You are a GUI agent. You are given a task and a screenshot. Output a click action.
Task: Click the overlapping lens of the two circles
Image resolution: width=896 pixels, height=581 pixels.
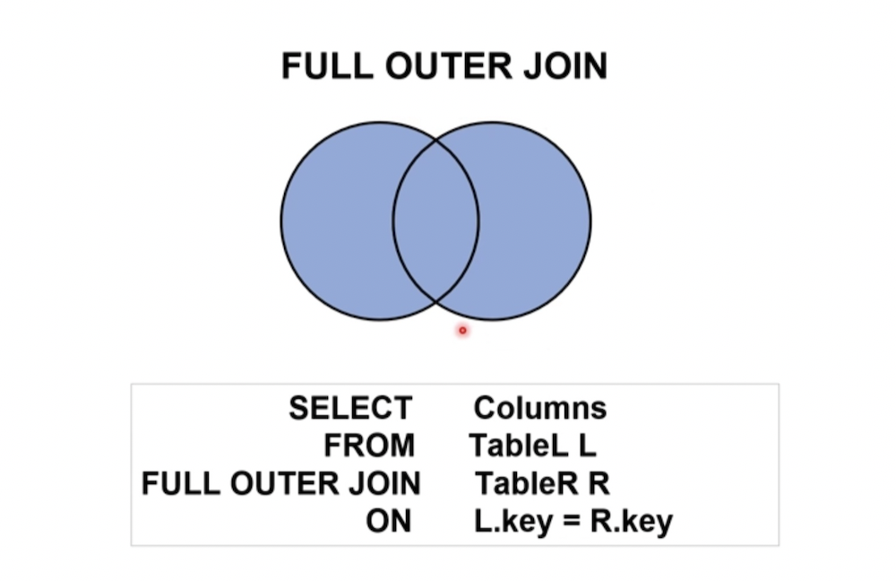[x=435, y=220]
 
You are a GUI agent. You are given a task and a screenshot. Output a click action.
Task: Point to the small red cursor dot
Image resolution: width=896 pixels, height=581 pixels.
[x=462, y=331]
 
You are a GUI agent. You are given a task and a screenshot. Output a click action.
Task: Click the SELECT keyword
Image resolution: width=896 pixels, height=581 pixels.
[x=349, y=408]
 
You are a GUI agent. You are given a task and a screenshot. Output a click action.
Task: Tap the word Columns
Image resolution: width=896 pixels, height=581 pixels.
[x=539, y=408]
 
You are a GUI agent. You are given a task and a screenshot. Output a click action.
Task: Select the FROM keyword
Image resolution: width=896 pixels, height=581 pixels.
[x=369, y=446]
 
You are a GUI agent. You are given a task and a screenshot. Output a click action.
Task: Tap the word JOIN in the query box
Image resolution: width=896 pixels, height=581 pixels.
[x=385, y=484]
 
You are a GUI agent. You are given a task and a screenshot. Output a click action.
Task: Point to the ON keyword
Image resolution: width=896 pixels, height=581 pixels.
[x=389, y=522]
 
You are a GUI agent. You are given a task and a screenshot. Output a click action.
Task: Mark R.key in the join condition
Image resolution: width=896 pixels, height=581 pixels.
[x=631, y=522]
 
